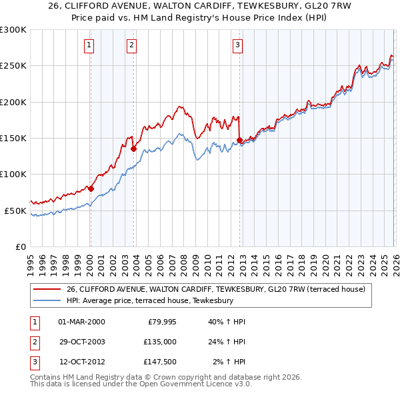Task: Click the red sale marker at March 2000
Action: coord(91,189)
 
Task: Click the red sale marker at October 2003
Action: coord(133,149)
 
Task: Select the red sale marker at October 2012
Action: coord(239,140)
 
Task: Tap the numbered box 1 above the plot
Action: coord(89,45)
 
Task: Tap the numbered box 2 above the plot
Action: coord(132,45)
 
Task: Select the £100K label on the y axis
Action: coord(13,174)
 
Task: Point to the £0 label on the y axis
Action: coord(20,246)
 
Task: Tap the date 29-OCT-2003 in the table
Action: coord(81,341)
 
